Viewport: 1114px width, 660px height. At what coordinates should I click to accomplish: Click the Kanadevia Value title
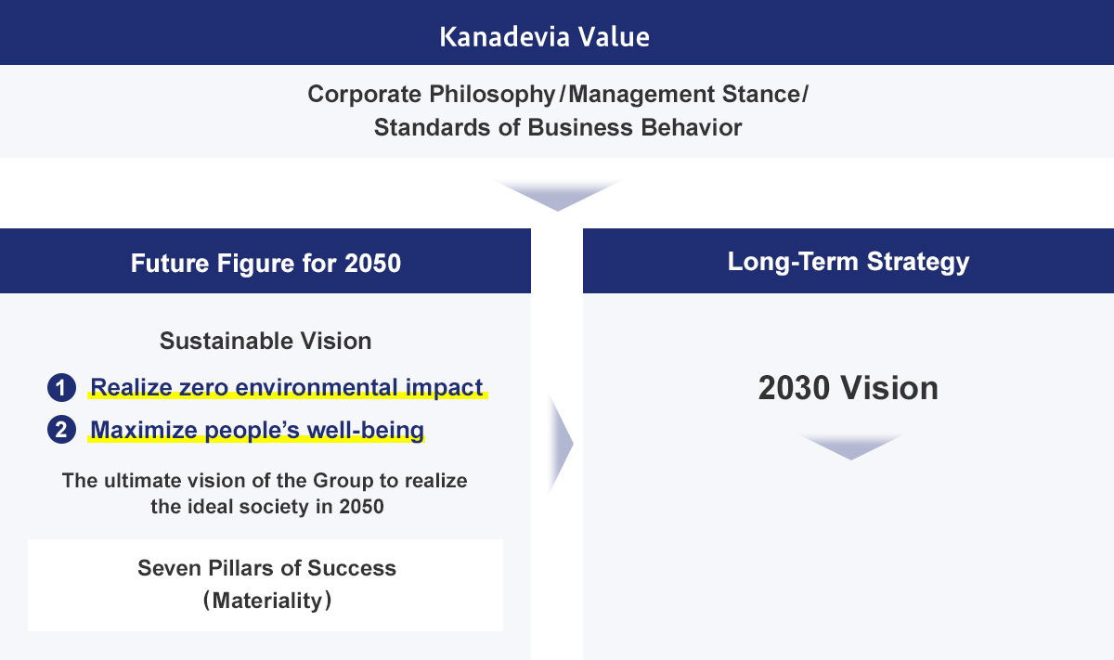click(x=545, y=37)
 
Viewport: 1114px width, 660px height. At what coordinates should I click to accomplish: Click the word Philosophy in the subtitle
click(x=492, y=95)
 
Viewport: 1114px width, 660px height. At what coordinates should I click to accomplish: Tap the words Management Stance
click(x=685, y=95)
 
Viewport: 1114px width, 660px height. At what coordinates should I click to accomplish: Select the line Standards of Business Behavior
click(x=558, y=127)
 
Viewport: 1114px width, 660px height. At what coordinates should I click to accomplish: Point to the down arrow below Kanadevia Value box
click(x=558, y=196)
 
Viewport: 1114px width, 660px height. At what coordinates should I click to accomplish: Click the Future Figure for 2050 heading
click(x=266, y=263)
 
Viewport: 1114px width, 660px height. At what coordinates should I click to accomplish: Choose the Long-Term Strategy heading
click(x=848, y=262)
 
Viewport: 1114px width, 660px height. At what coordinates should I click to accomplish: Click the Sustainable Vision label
click(x=266, y=342)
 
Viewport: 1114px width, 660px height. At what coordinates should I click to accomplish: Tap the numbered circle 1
click(x=61, y=387)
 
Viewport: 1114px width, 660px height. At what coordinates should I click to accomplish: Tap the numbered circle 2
click(x=61, y=430)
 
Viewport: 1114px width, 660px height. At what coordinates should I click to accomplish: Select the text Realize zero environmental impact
click(x=287, y=387)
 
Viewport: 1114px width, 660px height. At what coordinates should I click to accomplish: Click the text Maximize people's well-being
click(x=257, y=430)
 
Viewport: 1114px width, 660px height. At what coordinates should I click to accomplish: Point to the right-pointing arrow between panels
click(x=561, y=444)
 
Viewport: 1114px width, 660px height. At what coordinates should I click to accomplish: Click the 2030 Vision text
click(x=848, y=387)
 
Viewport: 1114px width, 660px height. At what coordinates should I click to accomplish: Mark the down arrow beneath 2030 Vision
click(x=851, y=446)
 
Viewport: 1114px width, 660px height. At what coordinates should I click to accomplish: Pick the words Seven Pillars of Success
click(x=266, y=568)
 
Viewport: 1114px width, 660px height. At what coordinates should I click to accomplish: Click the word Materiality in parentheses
click(x=267, y=601)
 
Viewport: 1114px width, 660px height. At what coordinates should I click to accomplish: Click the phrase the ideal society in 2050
click(x=267, y=507)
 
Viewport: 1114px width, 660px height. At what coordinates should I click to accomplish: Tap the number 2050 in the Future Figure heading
click(x=372, y=263)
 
